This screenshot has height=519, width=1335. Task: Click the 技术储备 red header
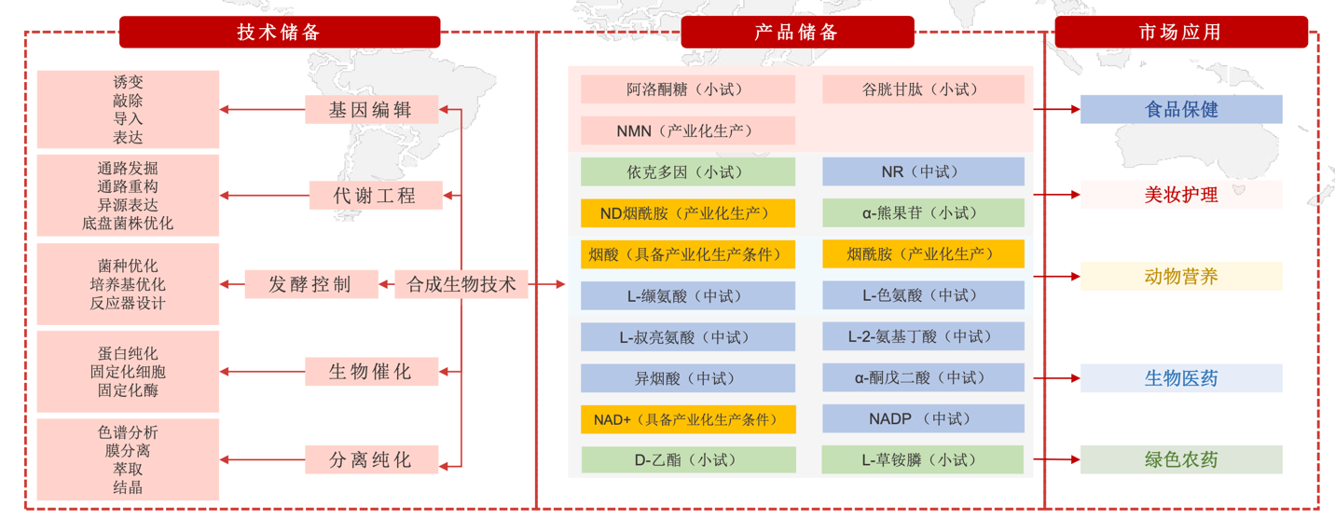[279, 33]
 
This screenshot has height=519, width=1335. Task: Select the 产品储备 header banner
[796, 33]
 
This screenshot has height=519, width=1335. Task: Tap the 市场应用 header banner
[1180, 33]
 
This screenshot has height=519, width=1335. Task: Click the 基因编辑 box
[371, 110]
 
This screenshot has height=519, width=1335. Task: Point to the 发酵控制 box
[310, 284]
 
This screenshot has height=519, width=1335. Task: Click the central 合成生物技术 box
[461, 284]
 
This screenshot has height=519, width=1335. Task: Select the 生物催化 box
[371, 372]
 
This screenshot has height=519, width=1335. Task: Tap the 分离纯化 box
[371, 459]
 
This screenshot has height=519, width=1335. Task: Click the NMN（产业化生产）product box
[687, 131]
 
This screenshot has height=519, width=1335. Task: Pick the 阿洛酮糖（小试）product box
[687, 89]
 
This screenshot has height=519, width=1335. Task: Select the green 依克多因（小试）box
[687, 171]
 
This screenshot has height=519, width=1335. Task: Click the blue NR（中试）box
[922, 171]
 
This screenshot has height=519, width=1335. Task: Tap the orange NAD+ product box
[687, 419]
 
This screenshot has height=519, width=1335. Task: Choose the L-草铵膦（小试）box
[922, 459]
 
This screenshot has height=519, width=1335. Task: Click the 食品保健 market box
[1180, 109]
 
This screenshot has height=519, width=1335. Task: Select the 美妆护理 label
[1180, 195]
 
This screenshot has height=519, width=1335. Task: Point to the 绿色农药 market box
[1180, 459]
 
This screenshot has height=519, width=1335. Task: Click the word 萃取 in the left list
[128, 469]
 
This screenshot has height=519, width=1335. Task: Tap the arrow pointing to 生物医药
[1063, 378]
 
